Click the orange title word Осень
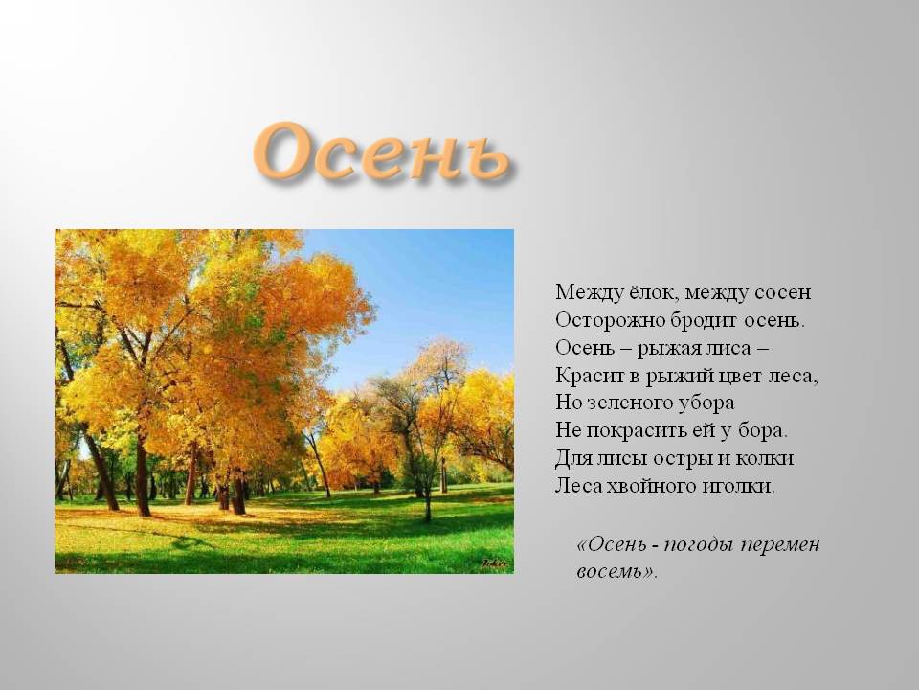click(x=381, y=152)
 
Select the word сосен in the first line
click(x=782, y=293)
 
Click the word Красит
click(x=590, y=376)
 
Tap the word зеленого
click(x=630, y=403)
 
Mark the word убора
click(x=706, y=403)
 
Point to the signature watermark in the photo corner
click(x=495, y=563)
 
